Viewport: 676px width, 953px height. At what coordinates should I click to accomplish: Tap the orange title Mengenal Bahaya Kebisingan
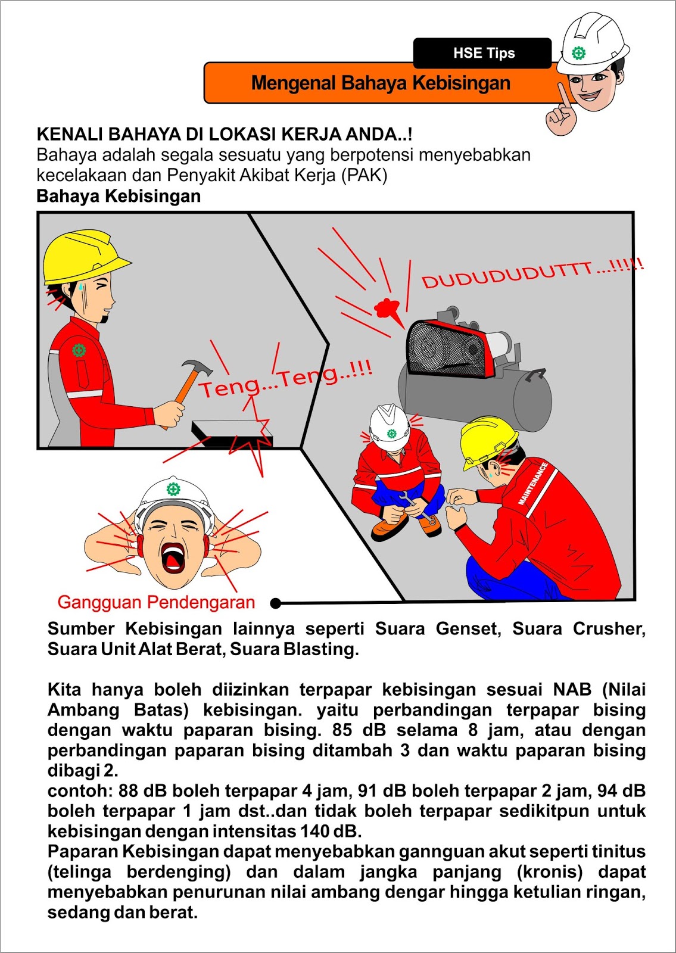click(381, 83)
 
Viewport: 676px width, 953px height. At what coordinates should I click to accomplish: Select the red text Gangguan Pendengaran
click(156, 602)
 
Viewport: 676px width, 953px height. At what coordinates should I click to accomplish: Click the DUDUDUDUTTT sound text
click(532, 273)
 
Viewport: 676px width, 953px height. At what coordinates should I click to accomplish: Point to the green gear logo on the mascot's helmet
click(578, 53)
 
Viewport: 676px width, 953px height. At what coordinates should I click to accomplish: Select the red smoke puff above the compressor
click(387, 308)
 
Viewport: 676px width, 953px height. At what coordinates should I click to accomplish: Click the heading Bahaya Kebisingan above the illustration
click(119, 196)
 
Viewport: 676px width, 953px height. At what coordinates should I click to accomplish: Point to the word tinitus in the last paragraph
click(616, 851)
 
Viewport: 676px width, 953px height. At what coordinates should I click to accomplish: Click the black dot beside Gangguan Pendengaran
click(275, 603)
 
